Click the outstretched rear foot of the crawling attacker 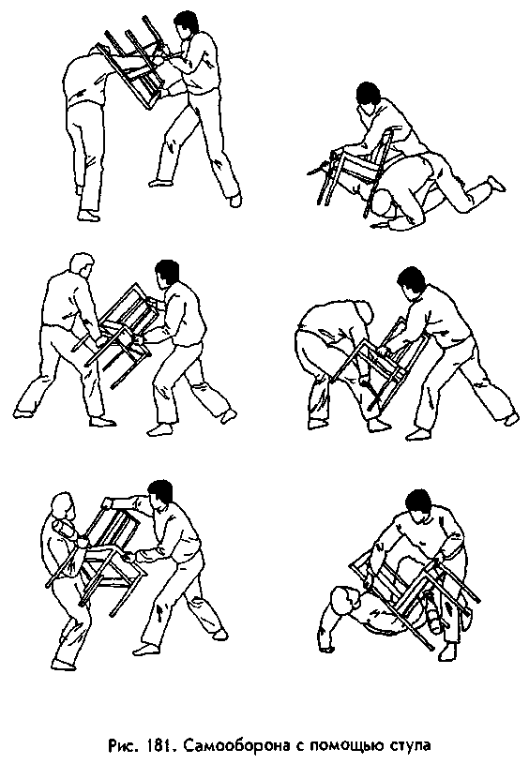[497, 185]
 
